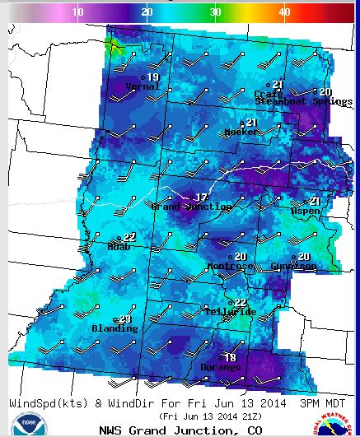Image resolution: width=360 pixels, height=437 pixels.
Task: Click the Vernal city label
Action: click(x=143, y=86)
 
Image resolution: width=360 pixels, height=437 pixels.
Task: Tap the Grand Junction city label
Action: click(x=190, y=207)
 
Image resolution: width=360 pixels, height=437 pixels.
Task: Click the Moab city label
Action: click(x=119, y=246)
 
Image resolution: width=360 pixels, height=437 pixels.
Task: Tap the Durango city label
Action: click(x=221, y=367)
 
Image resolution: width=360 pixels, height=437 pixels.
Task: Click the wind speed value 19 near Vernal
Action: click(x=153, y=77)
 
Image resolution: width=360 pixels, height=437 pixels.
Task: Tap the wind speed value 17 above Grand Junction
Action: click(x=201, y=198)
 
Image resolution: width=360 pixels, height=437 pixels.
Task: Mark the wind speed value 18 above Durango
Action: click(x=230, y=357)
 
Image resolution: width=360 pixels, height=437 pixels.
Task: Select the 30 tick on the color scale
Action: click(x=214, y=12)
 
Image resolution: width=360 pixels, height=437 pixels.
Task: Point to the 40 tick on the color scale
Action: click(x=283, y=12)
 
